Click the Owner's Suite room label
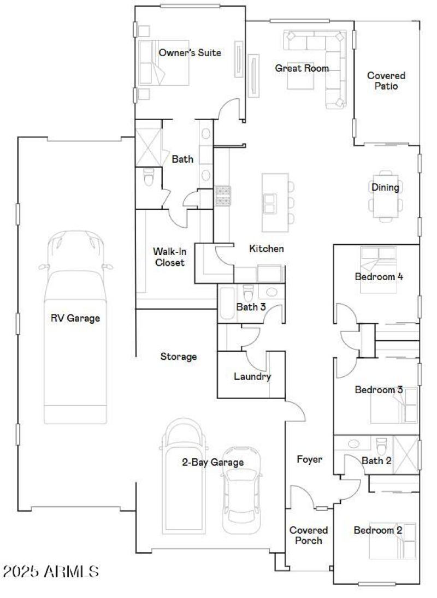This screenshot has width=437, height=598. click(x=190, y=53)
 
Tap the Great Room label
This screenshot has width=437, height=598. click(x=302, y=68)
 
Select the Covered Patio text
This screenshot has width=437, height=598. click(x=386, y=81)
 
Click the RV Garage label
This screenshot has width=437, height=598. click(x=75, y=318)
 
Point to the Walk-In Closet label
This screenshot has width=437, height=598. click(x=169, y=257)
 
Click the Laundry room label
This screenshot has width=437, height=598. click(x=252, y=376)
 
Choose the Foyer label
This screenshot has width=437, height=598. click(x=309, y=459)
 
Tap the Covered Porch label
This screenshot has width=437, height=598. click(x=309, y=535)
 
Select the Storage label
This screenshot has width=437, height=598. click(x=178, y=357)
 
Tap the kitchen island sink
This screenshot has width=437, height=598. click(x=270, y=204)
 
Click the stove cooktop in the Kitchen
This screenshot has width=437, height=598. click(x=223, y=196)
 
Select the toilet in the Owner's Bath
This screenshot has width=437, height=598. click(x=149, y=177)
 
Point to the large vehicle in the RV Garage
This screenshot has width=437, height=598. click(x=75, y=328)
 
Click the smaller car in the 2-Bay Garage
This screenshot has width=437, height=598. click(x=240, y=497)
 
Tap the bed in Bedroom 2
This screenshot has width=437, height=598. click(x=392, y=541)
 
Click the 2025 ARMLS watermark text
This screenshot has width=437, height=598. click(x=51, y=572)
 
